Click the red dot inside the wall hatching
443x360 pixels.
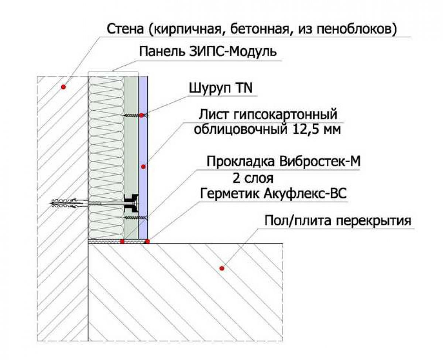point(63,87)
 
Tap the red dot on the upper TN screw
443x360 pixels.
point(141,115)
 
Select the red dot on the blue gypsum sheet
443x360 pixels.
point(143,167)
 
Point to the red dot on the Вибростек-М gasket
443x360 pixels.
point(122,241)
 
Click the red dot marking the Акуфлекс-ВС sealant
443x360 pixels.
point(147,241)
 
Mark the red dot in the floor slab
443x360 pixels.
point(222,269)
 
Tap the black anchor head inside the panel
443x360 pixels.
point(131,203)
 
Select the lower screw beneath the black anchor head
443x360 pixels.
point(135,218)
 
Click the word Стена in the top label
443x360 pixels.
point(125,29)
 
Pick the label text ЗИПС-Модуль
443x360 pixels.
point(233,52)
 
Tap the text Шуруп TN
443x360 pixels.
point(221,88)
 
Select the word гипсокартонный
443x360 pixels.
point(285,114)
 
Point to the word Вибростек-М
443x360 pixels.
point(319,162)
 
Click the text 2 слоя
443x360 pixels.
point(253,178)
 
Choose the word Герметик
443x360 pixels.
point(230,194)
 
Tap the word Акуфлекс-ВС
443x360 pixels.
point(305,194)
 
